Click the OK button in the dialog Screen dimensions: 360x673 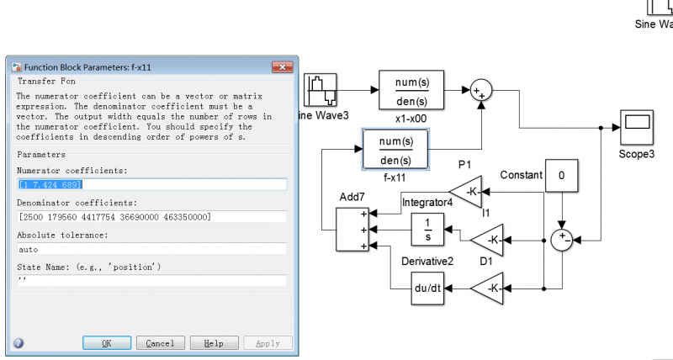click(105, 343)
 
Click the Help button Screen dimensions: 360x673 click(214, 343)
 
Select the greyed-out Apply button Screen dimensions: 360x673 click(268, 343)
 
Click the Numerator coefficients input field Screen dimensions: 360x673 click(151, 184)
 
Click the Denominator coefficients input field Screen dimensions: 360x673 click(151, 217)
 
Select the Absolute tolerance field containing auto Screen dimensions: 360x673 click(151, 249)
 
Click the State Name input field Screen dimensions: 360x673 click(151, 281)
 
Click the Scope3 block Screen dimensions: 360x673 click(637, 128)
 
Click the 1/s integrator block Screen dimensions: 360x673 click(427, 229)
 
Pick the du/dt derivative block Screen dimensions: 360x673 click(427, 289)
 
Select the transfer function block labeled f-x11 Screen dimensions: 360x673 click(395, 150)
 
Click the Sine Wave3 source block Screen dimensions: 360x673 click(321, 90)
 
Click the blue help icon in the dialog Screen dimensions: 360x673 click(19, 343)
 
